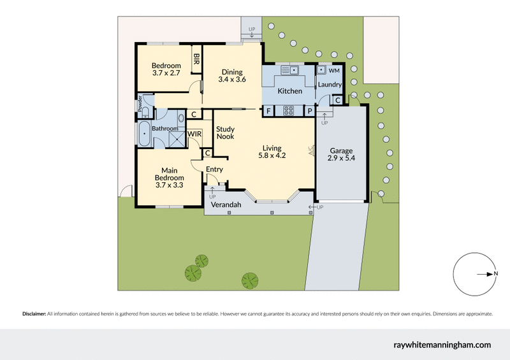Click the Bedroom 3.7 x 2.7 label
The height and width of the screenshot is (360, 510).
tap(166, 69)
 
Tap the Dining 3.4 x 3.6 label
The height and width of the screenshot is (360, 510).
tap(232, 76)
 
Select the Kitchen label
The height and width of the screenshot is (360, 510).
tap(290, 91)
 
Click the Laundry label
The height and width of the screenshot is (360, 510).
tap(330, 85)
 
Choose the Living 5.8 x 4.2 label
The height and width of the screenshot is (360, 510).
tap(272, 152)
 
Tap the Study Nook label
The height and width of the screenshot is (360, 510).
tap(225, 133)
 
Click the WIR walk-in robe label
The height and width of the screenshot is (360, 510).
tap(194, 134)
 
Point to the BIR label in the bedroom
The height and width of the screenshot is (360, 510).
tap(196, 59)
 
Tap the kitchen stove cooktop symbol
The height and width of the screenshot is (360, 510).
tap(289, 110)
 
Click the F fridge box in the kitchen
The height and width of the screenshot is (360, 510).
tap(268, 111)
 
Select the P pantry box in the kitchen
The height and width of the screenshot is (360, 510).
tap(309, 111)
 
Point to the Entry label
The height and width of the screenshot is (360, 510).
tap(214, 169)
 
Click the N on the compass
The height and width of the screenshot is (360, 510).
tap(496, 274)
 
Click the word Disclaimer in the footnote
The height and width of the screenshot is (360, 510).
tap(34, 314)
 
